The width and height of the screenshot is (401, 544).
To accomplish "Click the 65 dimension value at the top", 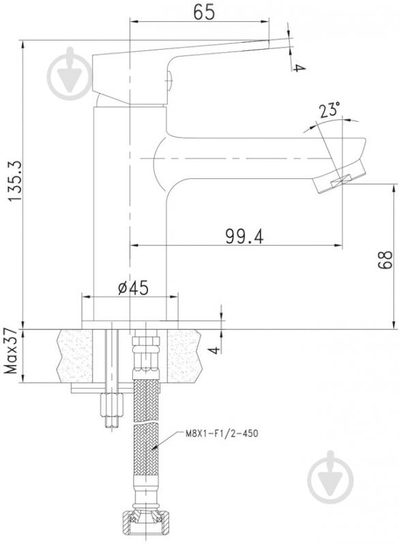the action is coord(204,12).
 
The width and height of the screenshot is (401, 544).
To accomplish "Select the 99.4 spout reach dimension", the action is coord(244,237).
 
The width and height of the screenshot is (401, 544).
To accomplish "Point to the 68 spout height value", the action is coord(385,260).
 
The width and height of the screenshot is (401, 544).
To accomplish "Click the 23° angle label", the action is coord(329,110).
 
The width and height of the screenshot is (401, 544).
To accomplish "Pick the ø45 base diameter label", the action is coord(133,288).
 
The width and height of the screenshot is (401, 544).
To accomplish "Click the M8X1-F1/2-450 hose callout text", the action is coord(222,433).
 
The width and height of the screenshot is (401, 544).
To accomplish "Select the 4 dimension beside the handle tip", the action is coord(299,67).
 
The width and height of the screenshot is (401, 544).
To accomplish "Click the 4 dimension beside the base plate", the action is coord(216,349).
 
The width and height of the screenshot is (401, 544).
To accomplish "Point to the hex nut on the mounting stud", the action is coord(112,405).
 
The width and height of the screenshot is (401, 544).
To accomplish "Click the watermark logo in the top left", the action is coord(70,74).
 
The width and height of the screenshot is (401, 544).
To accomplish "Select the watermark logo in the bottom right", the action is coord(330,477).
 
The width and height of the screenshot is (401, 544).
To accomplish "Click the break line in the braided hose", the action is coord(147,423).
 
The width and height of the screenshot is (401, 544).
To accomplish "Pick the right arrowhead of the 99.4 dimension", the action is coord(338,245).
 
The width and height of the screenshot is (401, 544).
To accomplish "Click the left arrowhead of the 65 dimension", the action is coord(134,22).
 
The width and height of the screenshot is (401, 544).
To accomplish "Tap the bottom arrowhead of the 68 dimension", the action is coord(394,324).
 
